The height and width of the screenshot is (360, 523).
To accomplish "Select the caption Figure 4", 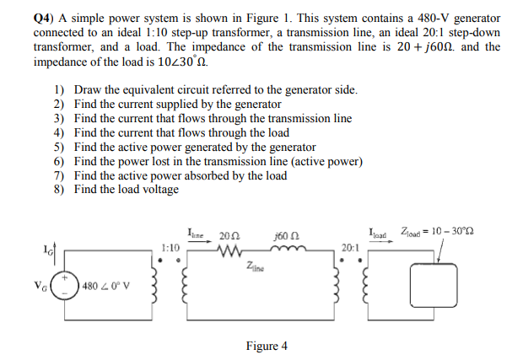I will [267, 346].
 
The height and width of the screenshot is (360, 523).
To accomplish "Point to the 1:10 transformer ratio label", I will [170, 250].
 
